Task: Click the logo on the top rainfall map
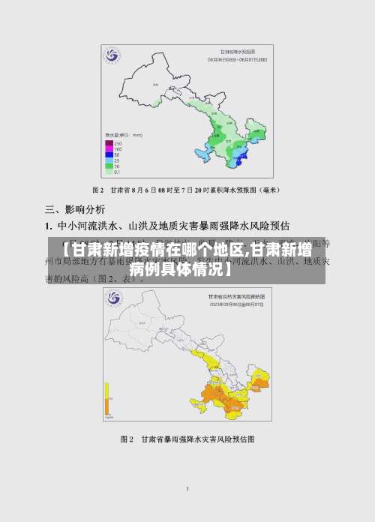pyautogui.click(x=112, y=56)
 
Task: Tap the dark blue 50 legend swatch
pyautogui.click(x=109, y=155)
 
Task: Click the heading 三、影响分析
pyautogui.click(x=76, y=209)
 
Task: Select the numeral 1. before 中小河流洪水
pyautogui.click(x=48, y=225)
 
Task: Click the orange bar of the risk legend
pyautogui.click(x=108, y=407)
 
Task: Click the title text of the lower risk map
pyautogui.click(x=239, y=276)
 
